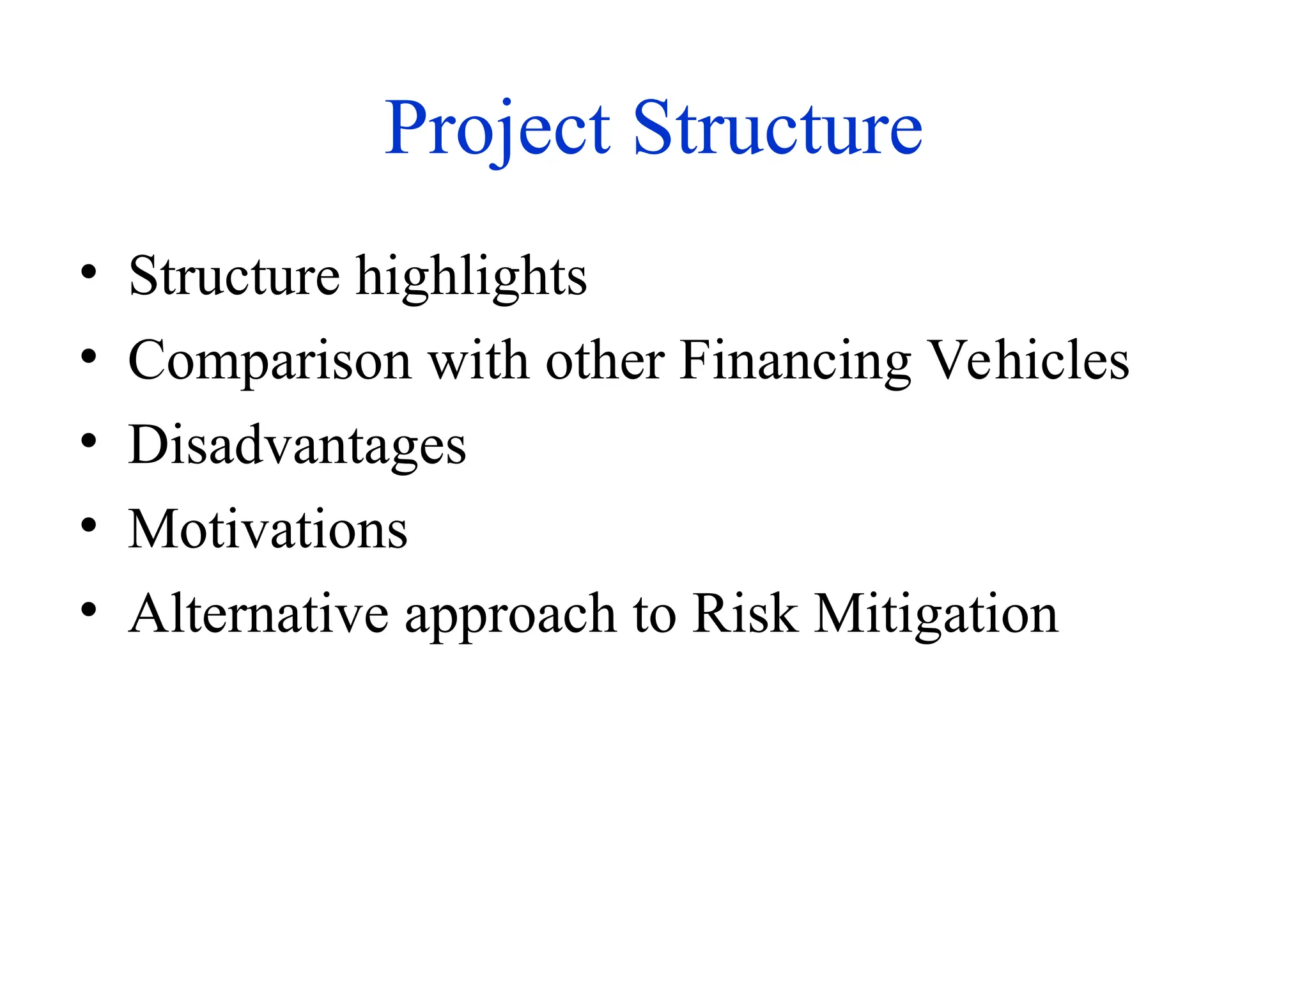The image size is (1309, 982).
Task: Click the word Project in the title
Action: (x=497, y=130)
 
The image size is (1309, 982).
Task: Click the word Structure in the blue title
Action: (x=777, y=130)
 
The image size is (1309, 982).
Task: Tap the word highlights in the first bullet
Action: (x=471, y=277)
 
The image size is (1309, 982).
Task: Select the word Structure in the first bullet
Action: (x=234, y=276)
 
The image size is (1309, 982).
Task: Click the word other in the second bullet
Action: (x=605, y=361)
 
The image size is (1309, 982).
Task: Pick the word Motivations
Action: (x=268, y=529)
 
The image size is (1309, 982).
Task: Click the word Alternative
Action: (x=258, y=614)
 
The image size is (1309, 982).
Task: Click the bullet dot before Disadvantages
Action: (x=89, y=441)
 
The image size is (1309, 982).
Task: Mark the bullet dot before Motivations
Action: (x=89, y=526)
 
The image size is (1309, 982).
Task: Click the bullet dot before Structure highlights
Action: (x=89, y=272)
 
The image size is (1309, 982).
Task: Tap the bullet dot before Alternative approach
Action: (x=89, y=610)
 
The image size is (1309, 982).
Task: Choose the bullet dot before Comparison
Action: (x=89, y=357)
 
